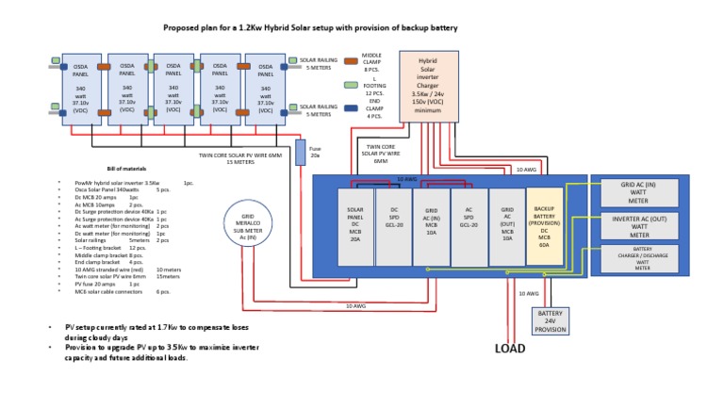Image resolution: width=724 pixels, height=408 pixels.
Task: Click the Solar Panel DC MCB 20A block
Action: pos(355,225)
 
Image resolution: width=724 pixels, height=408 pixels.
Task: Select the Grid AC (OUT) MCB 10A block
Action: pos(506,225)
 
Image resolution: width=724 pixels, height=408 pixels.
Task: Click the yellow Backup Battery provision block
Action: pos(543,225)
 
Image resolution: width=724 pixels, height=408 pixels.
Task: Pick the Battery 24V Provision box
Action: pos(550,320)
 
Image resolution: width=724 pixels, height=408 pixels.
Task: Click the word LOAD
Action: pos(510,349)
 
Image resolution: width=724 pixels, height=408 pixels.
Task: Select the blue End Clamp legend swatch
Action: pos(349,107)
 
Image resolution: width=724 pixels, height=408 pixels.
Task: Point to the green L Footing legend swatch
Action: pos(349,84)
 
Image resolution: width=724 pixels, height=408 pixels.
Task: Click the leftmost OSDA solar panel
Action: pos(80,90)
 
